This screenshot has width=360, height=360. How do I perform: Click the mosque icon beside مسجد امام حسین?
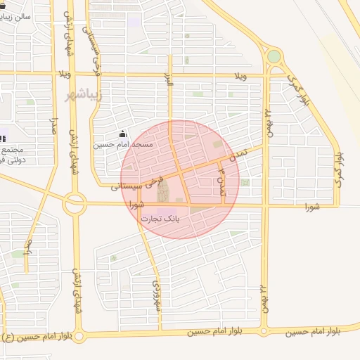pos(123,134)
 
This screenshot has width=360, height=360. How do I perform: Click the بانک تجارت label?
pos(161,219)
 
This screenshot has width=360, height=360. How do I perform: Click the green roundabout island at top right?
pos(274,56)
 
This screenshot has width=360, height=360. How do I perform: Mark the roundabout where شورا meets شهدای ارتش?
pos(74,204)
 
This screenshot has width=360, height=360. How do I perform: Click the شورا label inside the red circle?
pos(137,205)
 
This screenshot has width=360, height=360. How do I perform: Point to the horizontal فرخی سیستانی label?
pos(137,185)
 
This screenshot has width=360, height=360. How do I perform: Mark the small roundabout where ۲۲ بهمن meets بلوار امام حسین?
pos(264,329)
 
